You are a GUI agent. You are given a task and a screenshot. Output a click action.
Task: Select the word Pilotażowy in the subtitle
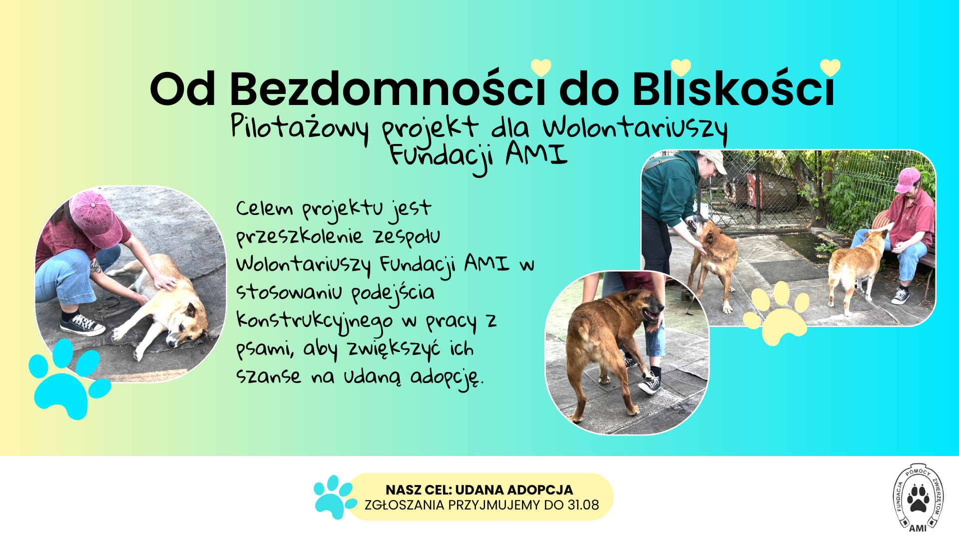(x=300, y=127)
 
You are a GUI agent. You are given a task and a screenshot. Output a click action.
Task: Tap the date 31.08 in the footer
(x=583, y=505)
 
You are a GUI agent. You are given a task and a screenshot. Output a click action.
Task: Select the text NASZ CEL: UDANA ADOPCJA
(x=479, y=490)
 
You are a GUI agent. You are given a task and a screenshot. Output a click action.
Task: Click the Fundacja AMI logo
(x=918, y=497)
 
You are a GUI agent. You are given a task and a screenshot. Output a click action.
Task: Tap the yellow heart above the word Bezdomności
(x=541, y=67)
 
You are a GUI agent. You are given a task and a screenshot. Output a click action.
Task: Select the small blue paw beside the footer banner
(x=334, y=497)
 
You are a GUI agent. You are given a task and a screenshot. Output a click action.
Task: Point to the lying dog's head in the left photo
(x=187, y=325)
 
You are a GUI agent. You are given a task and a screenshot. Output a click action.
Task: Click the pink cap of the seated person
(x=907, y=180)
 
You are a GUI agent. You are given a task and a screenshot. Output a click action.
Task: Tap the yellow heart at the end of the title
(x=830, y=67)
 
